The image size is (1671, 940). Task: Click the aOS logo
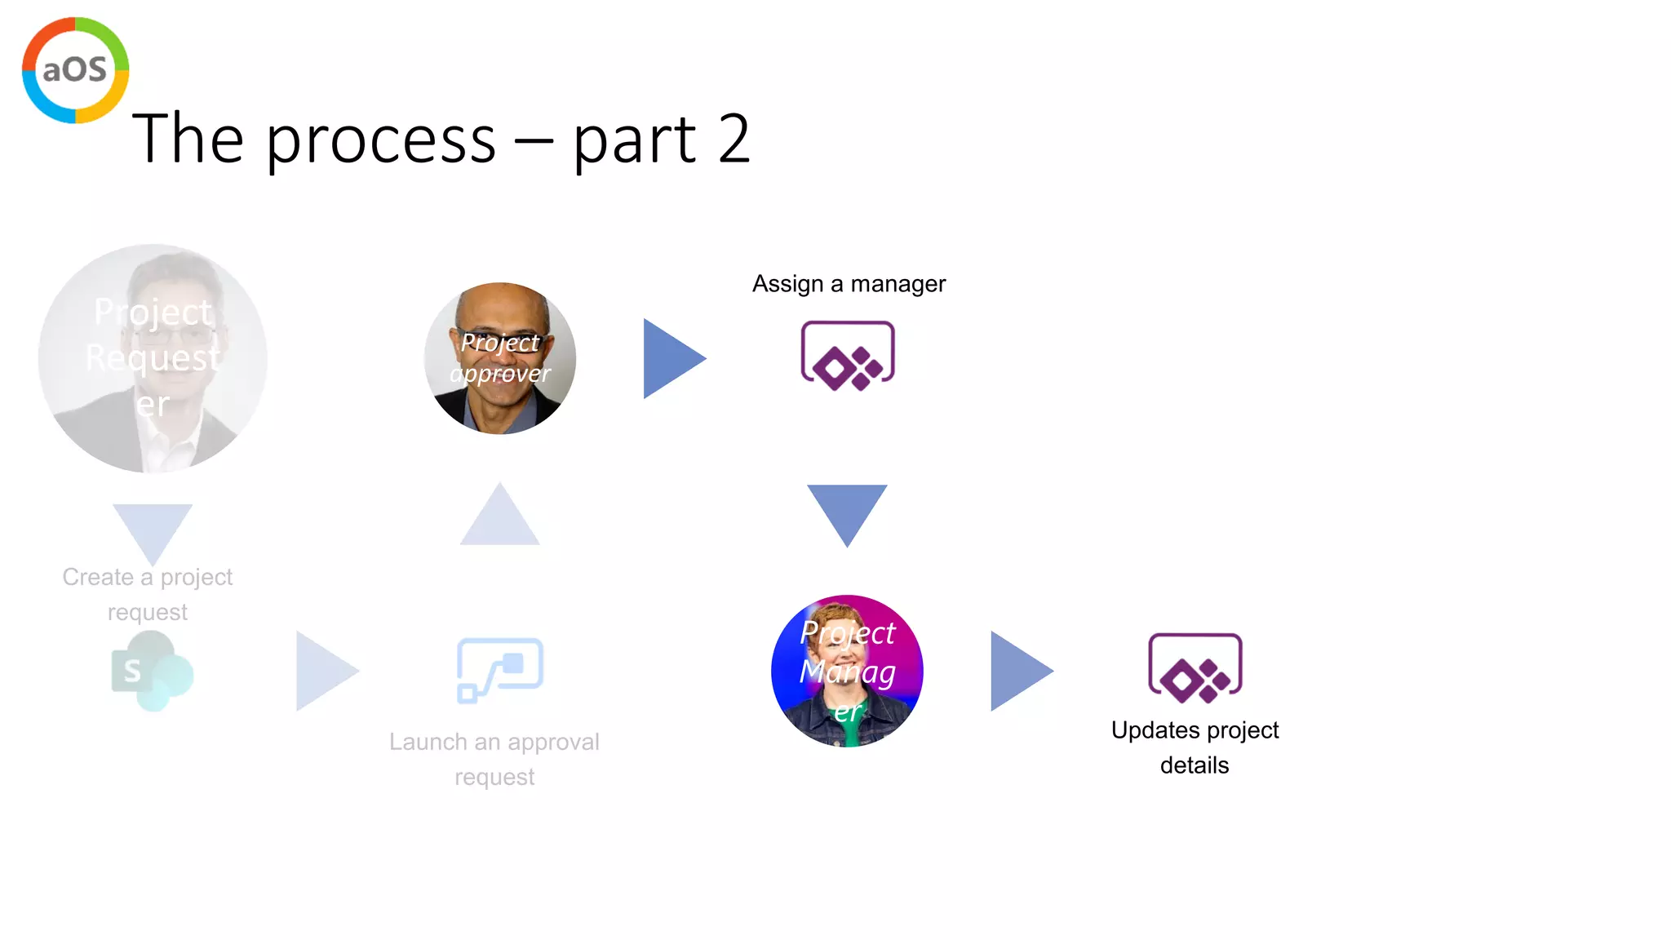(x=75, y=70)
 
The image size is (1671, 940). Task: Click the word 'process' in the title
(x=381, y=140)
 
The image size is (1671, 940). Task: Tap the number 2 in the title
(x=734, y=139)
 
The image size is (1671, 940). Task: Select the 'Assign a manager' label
(x=849, y=284)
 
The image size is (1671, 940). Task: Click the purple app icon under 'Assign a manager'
(x=848, y=356)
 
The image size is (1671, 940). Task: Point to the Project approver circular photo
(x=500, y=358)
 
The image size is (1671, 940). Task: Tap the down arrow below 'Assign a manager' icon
(x=847, y=512)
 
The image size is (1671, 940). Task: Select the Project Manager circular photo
(x=847, y=671)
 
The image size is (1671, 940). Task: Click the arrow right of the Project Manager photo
(x=1020, y=671)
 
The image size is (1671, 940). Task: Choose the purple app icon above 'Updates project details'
(x=1195, y=668)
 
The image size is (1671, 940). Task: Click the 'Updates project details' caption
(x=1195, y=747)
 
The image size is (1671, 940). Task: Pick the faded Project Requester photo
(x=153, y=358)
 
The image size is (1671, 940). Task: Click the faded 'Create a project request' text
(x=148, y=594)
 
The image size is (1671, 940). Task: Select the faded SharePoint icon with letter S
(x=152, y=672)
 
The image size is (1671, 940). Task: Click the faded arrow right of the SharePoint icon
(x=326, y=671)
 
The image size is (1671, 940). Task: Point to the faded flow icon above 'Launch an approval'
(x=500, y=670)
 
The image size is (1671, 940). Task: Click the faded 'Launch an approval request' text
(x=494, y=759)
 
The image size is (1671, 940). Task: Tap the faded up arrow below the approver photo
(x=500, y=517)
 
